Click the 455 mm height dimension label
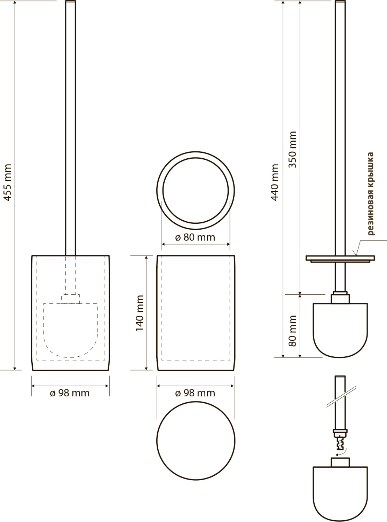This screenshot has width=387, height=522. tap(8, 182)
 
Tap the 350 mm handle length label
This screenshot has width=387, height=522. tap(292, 149)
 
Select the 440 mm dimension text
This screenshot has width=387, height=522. tap(275, 182)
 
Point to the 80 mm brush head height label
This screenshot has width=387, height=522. tap(292, 331)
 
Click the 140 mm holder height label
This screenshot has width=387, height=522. tap(140, 313)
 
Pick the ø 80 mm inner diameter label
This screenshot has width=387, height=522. tap(195, 237)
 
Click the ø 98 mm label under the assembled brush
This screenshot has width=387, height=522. tap(70, 393)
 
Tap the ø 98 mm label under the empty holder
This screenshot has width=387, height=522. tap(195, 393)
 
